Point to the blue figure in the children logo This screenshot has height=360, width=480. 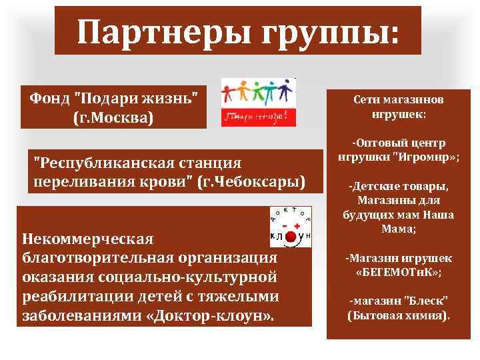[285, 91]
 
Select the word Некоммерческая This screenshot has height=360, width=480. [88, 239]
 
